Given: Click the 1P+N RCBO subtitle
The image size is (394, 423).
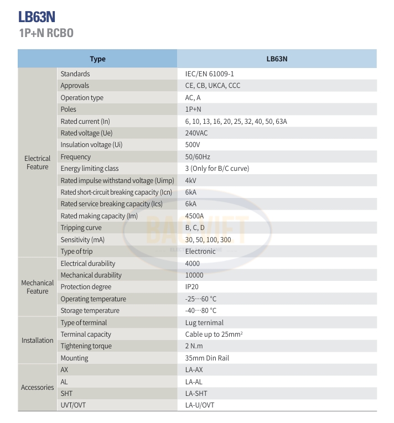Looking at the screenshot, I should [x=46, y=33].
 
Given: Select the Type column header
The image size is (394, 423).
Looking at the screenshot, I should [x=97, y=59].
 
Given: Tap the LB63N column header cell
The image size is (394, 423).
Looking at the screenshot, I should [x=277, y=59].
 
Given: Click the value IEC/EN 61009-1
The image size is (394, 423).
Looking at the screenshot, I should [x=213, y=74].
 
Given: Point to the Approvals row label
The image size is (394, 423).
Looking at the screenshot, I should [x=75, y=86].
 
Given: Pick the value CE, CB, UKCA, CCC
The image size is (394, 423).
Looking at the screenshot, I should [x=212, y=86].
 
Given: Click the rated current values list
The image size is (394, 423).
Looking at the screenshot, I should [x=236, y=122].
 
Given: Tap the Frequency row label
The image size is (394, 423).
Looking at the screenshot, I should [x=75, y=157].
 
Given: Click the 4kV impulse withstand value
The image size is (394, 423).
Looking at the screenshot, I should [x=190, y=181].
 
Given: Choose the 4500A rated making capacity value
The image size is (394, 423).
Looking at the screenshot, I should [x=195, y=216].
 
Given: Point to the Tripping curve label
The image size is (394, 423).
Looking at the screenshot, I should [x=81, y=228].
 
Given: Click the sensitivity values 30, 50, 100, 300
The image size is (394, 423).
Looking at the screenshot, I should [x=208, y=240].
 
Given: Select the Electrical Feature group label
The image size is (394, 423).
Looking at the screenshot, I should [x=37, y=163].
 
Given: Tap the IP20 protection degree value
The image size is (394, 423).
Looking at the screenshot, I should [x=191, y=287].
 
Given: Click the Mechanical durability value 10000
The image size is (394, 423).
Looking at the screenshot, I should [x=194, y=275].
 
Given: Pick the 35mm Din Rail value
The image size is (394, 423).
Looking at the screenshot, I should [x=207, y=358].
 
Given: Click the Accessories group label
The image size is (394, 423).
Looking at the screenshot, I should [x=37, y=388].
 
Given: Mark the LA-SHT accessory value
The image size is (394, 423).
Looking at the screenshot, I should [x=196, y=394].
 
